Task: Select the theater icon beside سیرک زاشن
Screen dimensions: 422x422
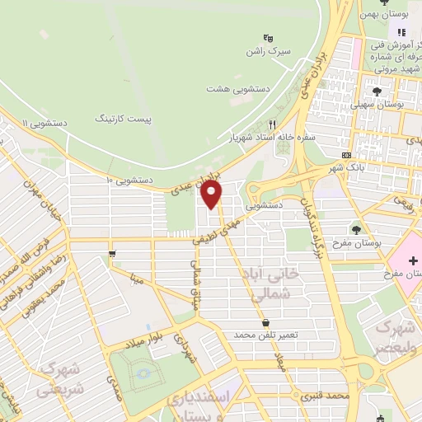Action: (x=267, y=37)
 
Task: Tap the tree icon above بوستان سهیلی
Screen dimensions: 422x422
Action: (x=377, y=92)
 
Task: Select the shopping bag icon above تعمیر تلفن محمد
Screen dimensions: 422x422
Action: (x=265, y=322)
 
